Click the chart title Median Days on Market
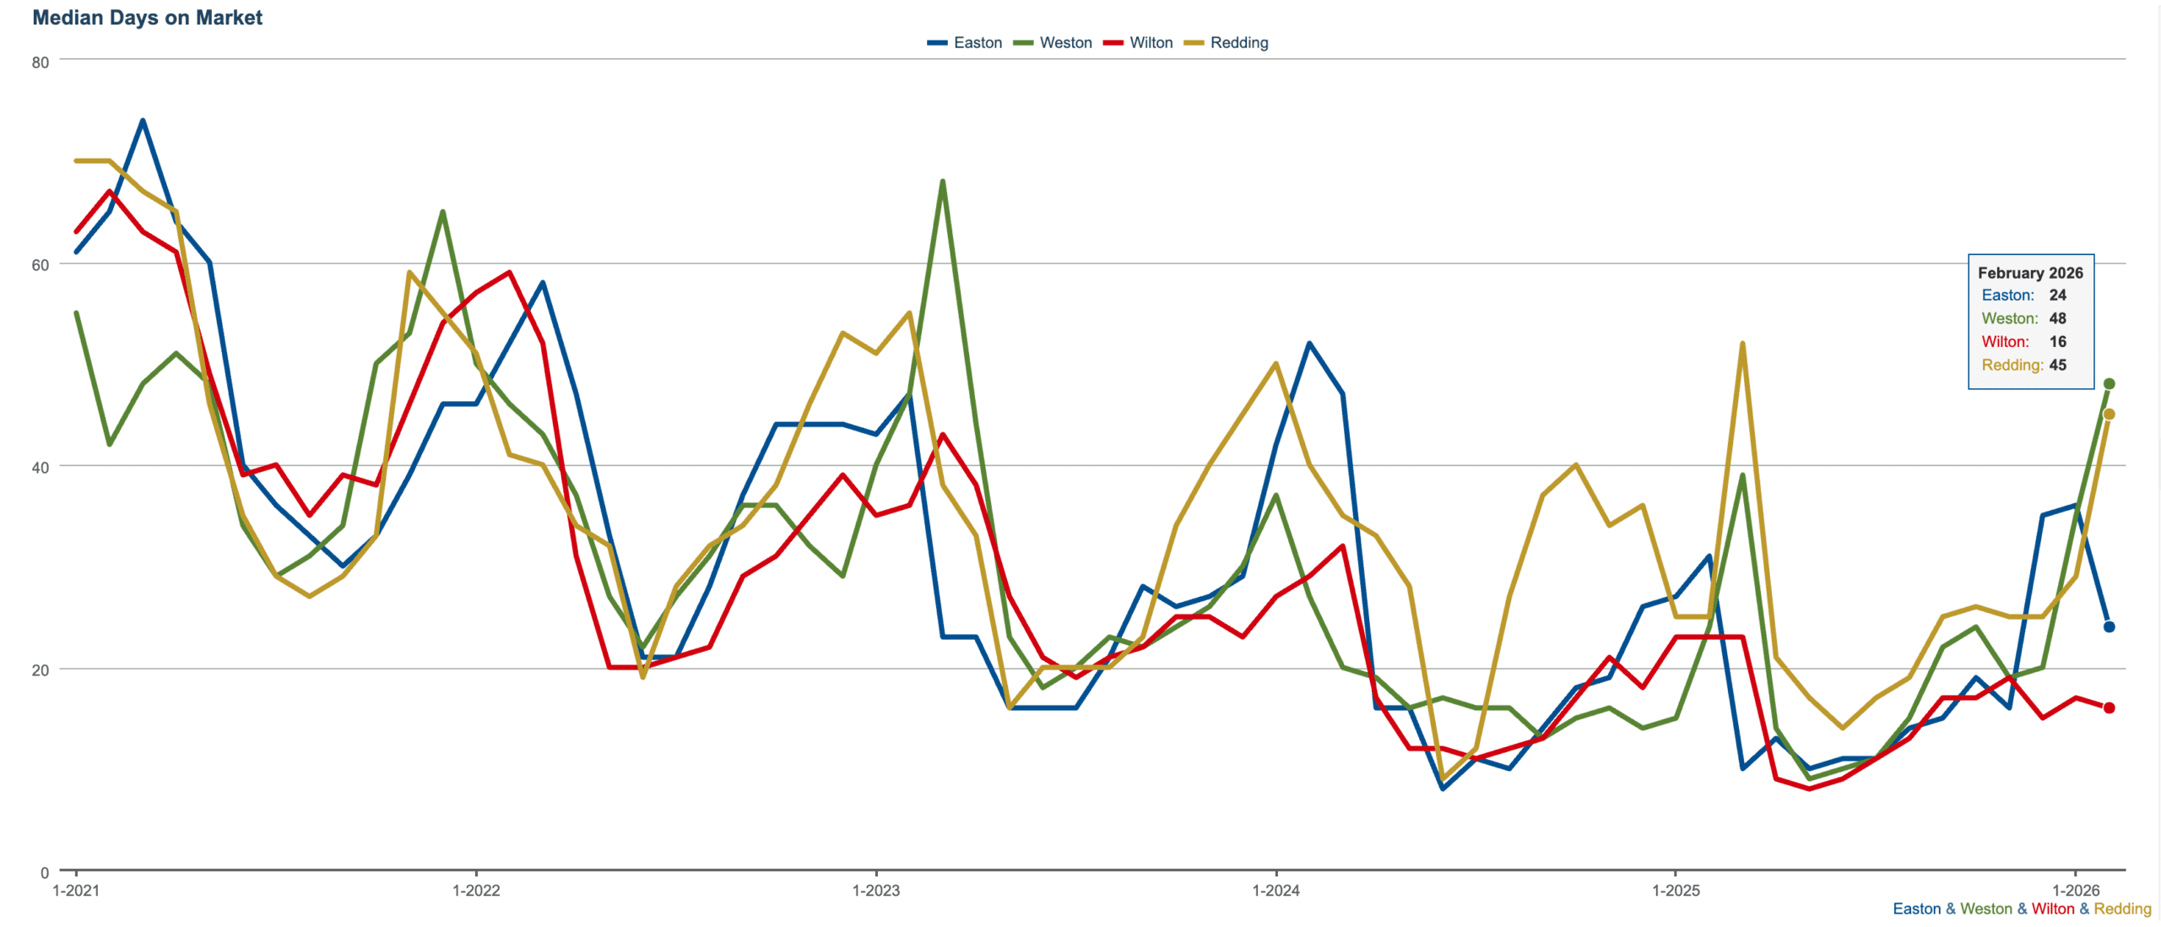click(x=147, y=18)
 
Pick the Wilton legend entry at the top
click(x=1139, y=43)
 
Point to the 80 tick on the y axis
click(x=41, y=62)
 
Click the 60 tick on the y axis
click(x=41, y=265)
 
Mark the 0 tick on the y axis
click(x=45, y=873)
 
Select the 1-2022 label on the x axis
click(x=476, y=891)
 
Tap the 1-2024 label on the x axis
click(x=1275, y=891)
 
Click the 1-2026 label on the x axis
click(x=2076, y=891)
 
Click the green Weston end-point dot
click(x=2109, y=384)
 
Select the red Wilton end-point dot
click(x=2109, y=708)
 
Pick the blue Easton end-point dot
click(x=2109, y=627)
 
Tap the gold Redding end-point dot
click(x=2109, y=415)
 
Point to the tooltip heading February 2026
click(x=2030, y=273)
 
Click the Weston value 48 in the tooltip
click(x=2057, y=318)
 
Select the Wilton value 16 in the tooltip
click(x=2057, y=342)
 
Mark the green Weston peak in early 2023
click(x=942, y=182)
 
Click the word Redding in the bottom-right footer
click(x=2122, y=909)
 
